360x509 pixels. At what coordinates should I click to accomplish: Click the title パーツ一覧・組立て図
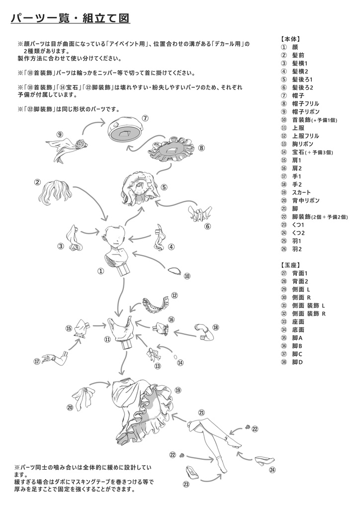(x=70, y=18)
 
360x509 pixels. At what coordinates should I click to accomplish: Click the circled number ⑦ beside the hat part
(x=145, y=118)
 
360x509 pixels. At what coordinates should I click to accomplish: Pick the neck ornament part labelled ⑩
(x=174, y=271)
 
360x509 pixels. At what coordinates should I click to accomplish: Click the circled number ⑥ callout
(x=207, y=226)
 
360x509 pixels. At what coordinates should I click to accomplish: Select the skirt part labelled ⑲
(x=142, y=408)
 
